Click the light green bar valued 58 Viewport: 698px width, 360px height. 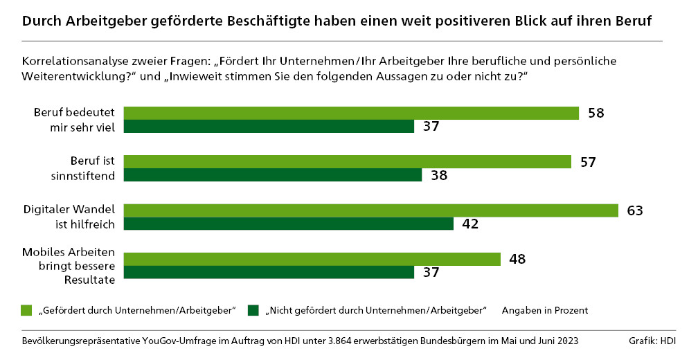pyautogui.click(x=351, y=113)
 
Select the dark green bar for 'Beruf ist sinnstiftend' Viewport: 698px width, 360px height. pyautogui.click(x=273, y=175)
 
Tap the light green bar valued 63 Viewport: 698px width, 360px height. pyautogui.click(x=371, y=210)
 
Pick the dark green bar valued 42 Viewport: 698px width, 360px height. pyautogui.click(x=289, y=224)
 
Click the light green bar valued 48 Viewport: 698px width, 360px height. pyautogui.click(x=312, y=259)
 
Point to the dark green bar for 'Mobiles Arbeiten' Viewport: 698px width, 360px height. pyautogui.click(x=269, y=273)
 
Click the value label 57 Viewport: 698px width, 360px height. pyautogui.click(x=588, y=161)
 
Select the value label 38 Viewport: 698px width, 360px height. pyautogui.click(x=438, y=175)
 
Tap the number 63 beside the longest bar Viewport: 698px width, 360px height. pyautogui.click(x=635, y=210)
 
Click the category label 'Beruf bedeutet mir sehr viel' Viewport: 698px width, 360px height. pyautogui.click(x=78, y=120)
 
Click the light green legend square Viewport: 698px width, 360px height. pyautogui.click(x=27, y=309)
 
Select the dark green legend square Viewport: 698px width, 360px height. pyautogui.click(x=253, y=309)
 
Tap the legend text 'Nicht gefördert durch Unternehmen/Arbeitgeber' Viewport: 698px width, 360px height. pyautogui.click(x=377, y=310)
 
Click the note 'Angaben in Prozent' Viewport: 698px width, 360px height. pyautogui.click(x=545, y=310)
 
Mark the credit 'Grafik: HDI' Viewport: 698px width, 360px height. pyautogui.click(x=652, y=341)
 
